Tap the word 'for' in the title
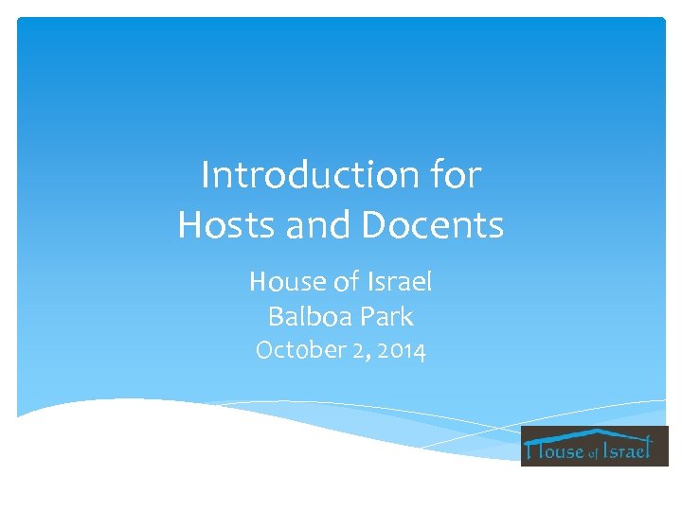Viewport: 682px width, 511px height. [x=457, y=175]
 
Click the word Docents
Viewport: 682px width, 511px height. [x=434, y=226]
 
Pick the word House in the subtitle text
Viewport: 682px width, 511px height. [x=282, y=281]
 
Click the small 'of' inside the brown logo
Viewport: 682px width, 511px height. [x=594, y=454]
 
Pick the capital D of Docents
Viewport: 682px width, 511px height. [x=377, y=226]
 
